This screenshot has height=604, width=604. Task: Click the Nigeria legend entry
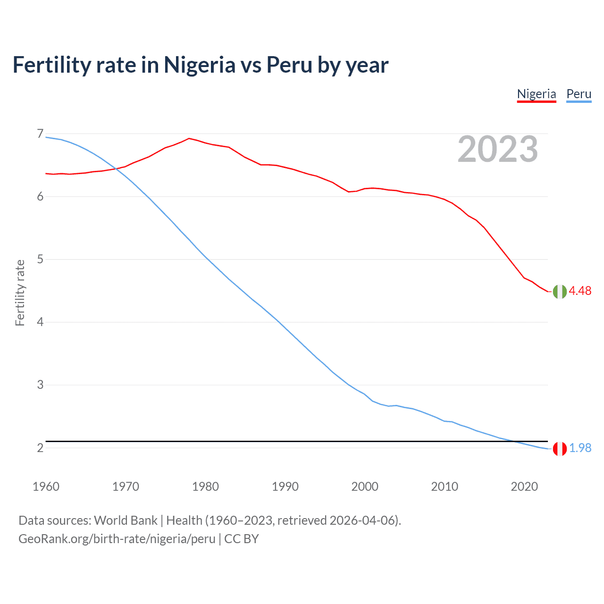537,94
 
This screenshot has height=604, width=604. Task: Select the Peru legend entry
579,94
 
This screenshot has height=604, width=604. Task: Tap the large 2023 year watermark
498,149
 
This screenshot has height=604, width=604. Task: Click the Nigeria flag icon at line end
560,292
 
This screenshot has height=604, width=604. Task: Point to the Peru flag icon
560,449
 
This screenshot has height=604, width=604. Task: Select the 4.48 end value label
580,291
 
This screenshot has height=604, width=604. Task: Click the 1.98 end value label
580,448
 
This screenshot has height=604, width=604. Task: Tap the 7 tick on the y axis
40,134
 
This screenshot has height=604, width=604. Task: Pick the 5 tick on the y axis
40,260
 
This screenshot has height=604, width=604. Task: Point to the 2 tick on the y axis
40,448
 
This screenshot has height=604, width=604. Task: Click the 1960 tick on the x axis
46,487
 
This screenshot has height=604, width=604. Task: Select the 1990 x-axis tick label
285,487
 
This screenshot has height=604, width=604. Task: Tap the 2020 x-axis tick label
524,487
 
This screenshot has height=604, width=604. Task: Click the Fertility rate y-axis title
20,293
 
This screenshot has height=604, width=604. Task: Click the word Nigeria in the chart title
200,65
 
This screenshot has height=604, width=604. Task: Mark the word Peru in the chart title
289,65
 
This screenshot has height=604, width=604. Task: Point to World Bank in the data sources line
126,520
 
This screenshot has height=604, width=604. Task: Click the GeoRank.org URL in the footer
117,539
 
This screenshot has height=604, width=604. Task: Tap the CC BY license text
242,539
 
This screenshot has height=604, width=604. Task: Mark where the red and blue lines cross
116,168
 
